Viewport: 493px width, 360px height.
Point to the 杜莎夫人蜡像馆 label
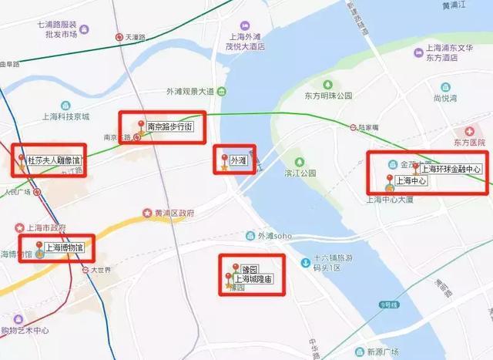(53, 161)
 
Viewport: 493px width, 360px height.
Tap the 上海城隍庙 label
(253, 279)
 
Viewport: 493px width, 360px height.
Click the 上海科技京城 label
(65, 116)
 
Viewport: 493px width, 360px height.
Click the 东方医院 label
(469, 143)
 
